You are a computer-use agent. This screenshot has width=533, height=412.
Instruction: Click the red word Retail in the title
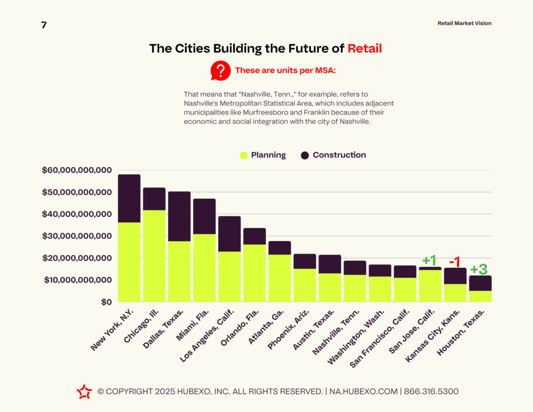364,49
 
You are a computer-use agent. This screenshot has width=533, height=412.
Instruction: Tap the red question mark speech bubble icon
220,70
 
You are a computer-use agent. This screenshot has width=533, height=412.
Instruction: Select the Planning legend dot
243,155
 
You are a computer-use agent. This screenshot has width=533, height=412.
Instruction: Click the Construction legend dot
305,155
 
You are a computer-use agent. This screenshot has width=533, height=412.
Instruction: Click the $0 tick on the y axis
106,302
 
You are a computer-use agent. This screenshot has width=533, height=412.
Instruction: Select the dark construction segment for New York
129,198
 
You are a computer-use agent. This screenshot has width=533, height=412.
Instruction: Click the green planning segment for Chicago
154,256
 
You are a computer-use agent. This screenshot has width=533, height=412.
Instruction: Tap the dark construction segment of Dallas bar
179,216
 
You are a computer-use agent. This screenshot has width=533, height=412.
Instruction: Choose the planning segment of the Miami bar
204,268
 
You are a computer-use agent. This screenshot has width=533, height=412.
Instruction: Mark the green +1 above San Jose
429,260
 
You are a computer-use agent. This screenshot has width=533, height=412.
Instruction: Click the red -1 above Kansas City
454,261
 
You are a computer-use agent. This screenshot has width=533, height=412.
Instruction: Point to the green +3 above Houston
479,269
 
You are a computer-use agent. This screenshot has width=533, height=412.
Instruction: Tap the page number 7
44,25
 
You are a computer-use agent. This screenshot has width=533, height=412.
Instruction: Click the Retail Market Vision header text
464,23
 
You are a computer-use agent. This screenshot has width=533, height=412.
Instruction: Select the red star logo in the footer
84,392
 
